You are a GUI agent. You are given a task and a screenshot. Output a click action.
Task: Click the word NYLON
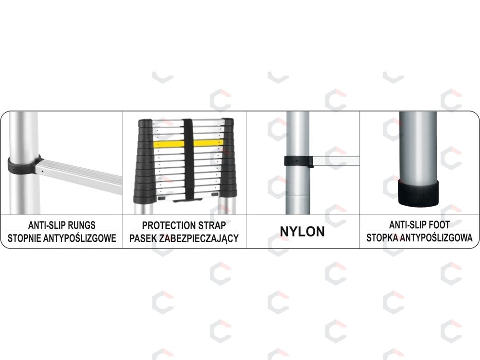tap(302, 232)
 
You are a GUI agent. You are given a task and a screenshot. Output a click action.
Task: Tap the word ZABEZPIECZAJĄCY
tap(199, 238)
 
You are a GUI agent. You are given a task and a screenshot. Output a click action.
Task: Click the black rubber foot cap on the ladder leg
tap(418, 193)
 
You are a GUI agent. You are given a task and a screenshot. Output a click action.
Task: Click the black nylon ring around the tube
tap(299, 161)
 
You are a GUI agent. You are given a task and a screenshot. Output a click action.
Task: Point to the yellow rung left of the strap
tap(168, 144)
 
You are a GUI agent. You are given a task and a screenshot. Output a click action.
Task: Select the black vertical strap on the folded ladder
tap(188, 159)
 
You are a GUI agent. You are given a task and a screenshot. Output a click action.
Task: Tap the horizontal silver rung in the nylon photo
tap(336, 161)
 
